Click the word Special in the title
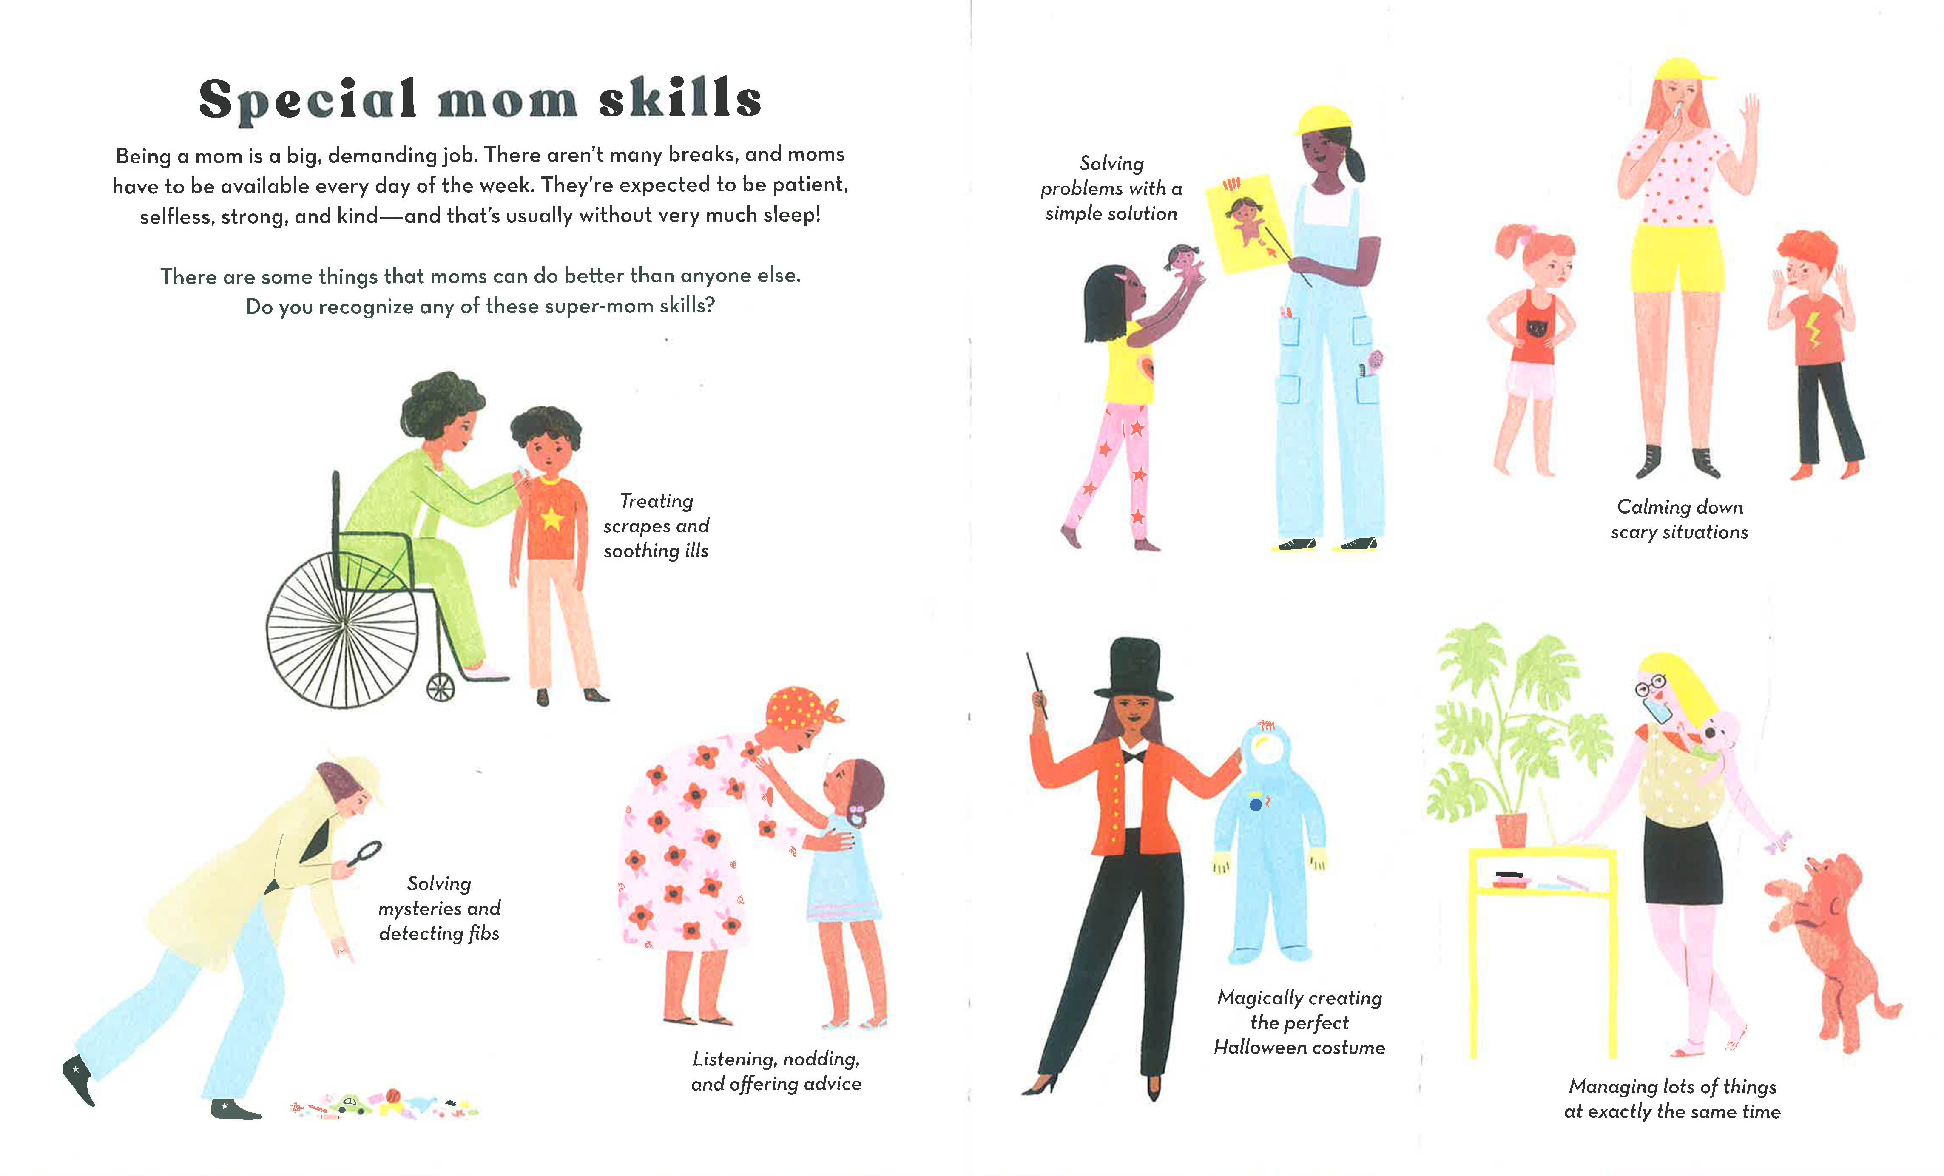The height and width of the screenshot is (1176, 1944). coord(308,100)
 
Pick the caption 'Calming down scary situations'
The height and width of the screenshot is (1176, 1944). coord(1680,519)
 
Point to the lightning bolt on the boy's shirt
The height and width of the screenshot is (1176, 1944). coord(1813,331)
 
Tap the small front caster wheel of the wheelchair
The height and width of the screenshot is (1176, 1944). coord(440,687)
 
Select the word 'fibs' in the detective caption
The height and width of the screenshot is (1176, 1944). coord(483,933)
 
